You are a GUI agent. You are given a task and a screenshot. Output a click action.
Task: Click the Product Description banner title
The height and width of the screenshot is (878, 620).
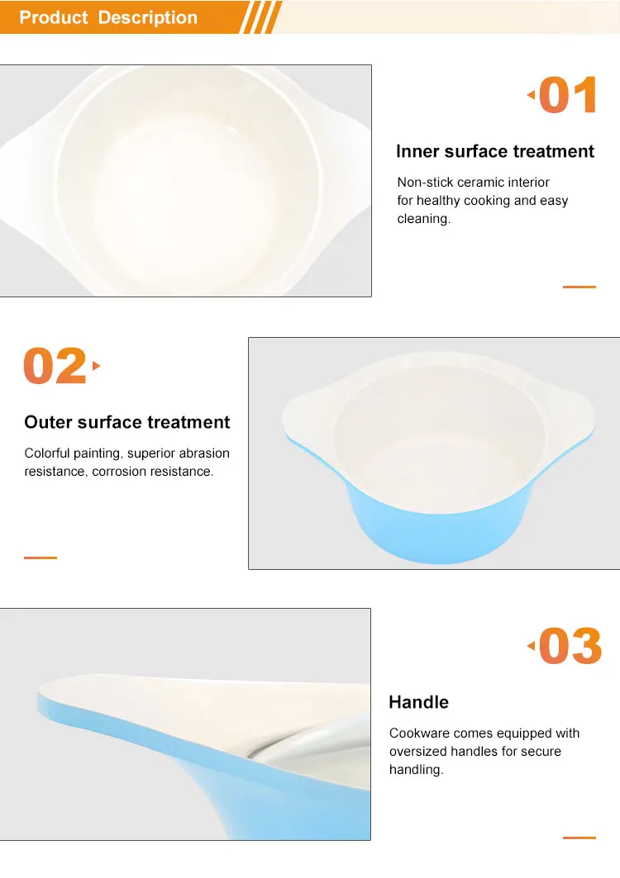(x=108, y=17)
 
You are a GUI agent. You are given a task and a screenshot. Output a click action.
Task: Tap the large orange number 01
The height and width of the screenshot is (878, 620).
(x=568, y=95)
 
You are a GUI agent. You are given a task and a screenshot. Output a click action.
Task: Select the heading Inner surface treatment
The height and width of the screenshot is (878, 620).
(x=495, y=151)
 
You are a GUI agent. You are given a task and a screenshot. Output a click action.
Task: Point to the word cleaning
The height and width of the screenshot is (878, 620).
(x=424, y=218)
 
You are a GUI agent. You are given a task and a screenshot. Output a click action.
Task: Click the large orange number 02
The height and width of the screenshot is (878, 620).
(x=55, y=366)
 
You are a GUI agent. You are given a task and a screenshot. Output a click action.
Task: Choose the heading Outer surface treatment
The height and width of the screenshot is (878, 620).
(x=126, y=422)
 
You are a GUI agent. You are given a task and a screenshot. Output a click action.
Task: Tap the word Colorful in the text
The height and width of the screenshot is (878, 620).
(x=47, y=453)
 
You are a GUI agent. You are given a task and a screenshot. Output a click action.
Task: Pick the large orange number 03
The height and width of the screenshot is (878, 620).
(x=570, y=646)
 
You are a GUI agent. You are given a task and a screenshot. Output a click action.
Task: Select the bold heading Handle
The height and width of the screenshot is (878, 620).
(x=419, y=702)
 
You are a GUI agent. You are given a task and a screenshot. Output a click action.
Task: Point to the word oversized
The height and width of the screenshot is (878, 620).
(x=415, y=751)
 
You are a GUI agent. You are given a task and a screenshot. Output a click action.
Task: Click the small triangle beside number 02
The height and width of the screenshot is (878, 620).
(x=96, y=366)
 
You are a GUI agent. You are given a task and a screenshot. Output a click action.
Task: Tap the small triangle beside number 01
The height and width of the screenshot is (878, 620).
(x=531, y=95)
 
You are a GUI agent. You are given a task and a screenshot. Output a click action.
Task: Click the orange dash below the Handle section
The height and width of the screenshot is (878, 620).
(x=579, y=838)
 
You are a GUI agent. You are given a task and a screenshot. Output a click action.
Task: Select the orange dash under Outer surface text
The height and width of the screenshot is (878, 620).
(x=41, y=558)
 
